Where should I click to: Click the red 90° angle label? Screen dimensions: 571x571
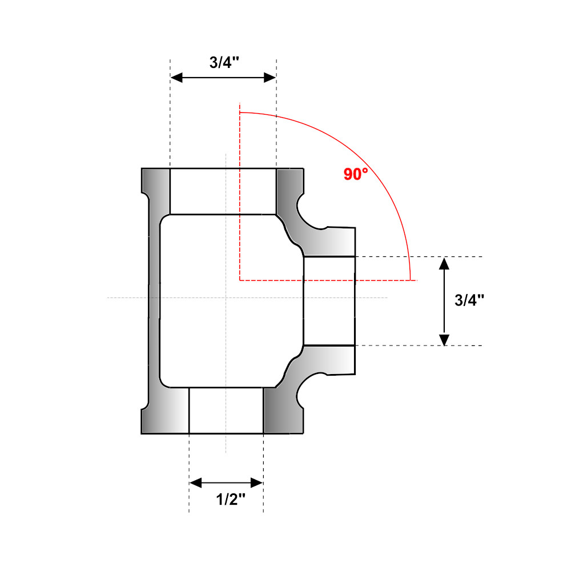pos(356,174)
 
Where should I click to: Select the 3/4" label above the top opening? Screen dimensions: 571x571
pos(223,63)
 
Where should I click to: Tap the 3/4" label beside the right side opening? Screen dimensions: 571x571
pos(469,301)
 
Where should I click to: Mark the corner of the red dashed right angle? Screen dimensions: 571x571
pos(240,280)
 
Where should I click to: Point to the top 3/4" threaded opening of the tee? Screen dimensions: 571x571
pos(223,191)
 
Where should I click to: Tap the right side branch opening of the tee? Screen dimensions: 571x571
pos(329,301)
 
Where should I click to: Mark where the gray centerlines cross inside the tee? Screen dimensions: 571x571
pos(226,297)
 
